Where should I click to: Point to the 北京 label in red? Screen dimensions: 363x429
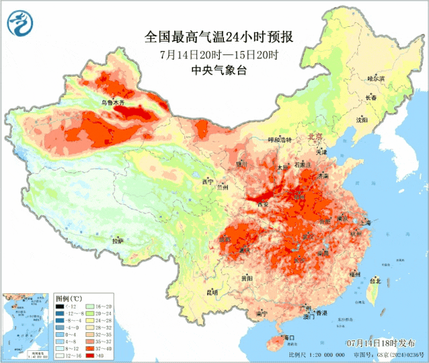pyautogui.click(x=315, y=136)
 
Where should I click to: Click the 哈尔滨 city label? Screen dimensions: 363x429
pyautogui.click(x=377, y=79)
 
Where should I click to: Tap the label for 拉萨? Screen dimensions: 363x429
pyautogui.click(x=118, y=241)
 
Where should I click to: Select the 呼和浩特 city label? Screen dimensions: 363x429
pyautogui.click(x=280, y=140)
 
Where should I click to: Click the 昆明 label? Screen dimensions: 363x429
pyautogui.click(x=212, y=292)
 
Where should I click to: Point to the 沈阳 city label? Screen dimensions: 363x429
pyautogui.click(x=362, y=120)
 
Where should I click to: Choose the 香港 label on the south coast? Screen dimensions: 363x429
pyautogui.click(x=322, y=313)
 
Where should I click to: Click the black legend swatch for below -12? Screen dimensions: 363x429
pyautogui.click(x=60, y=306)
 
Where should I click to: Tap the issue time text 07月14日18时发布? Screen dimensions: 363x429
pyautogui.click(x=377, y=343)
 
